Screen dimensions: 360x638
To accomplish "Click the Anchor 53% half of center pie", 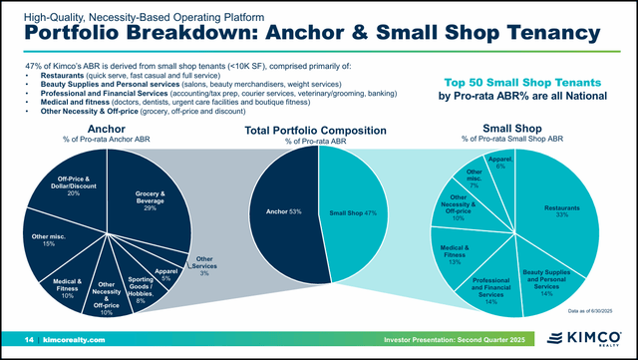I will coord(283,212).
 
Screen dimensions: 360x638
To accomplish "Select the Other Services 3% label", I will coord(204,265).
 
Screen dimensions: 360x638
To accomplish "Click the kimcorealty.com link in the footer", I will coord(73,341).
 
